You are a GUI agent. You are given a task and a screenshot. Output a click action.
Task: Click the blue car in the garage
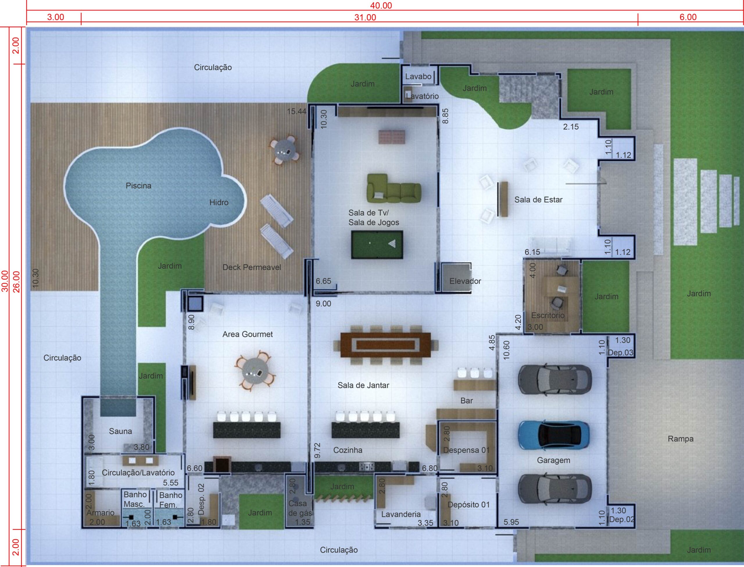click(x=554, y=435)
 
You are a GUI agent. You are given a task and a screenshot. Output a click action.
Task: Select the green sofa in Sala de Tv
click(x=394, y=188)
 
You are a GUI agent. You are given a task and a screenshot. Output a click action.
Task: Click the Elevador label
click(x=465, y=281)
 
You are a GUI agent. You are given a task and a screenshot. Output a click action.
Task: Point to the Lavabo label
click(x=418, y=76)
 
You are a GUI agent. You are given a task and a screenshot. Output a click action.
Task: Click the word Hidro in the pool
click(x=219, y=202)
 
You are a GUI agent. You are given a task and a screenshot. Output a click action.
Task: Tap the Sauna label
click(x=120, y=431)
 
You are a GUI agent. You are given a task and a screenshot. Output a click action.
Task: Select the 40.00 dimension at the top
click(x=381, y=6)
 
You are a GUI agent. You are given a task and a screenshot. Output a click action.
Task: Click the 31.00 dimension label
click(x=365, y=17)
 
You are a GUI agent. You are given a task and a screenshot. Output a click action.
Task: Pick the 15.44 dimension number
click(x=296, y=111)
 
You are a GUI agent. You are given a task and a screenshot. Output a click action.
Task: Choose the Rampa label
click(x=681, y=439)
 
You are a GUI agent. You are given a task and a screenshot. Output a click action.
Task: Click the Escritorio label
click(x=548, y=315)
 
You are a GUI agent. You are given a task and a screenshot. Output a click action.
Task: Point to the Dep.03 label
click(x=620, y=353)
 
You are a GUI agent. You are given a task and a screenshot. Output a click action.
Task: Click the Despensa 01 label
click(x=466, y=450)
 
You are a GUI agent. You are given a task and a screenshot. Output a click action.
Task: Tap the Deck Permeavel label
click(x=252, y=267)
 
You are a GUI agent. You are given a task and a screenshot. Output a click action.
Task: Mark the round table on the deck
click(x=284, y=151)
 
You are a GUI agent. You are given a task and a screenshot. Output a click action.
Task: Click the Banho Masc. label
click(x=135, y=500)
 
